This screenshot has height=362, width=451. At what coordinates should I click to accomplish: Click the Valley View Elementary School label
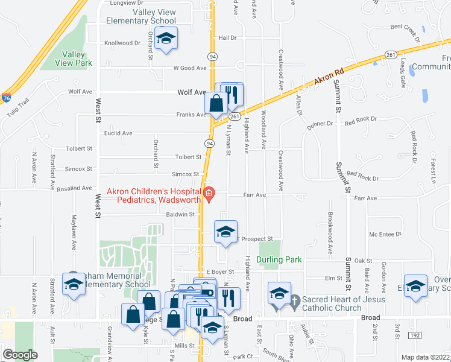click(x=141, y=16)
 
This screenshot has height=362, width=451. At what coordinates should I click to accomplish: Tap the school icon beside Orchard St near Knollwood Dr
click(x=165, y=39)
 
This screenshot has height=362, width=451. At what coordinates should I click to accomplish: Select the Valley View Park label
click(x=77, y=59)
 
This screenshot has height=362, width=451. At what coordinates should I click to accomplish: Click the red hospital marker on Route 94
click(x=209, y=194)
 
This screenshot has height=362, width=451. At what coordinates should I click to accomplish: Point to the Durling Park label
click(x=278, y=260)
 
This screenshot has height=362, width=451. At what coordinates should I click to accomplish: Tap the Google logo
click(x=20, y=355)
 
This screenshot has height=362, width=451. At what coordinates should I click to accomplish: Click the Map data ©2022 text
click(x=424, y=357)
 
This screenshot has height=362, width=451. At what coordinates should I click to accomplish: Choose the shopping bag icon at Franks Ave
click(x=216, y=103)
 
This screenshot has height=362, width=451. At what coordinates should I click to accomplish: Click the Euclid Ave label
click(x=118, y=133)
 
